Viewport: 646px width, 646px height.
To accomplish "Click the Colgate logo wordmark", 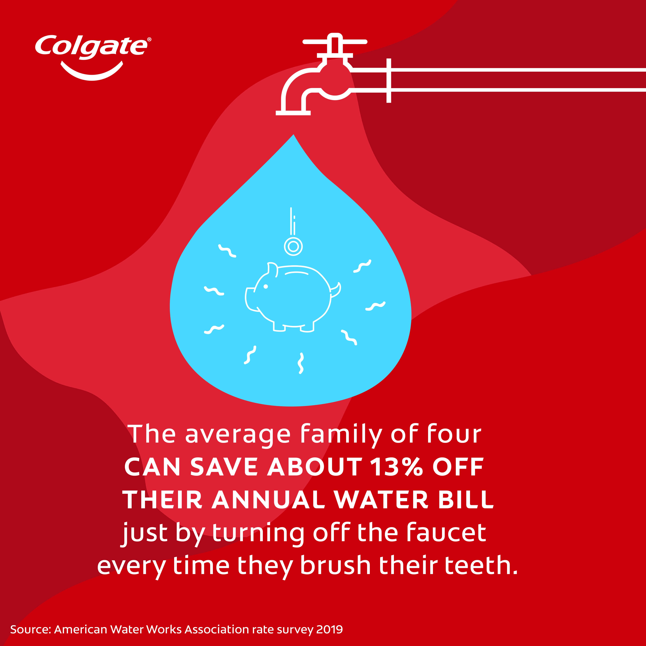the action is (91, 47).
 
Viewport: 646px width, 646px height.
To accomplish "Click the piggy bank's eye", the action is (266, 287).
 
